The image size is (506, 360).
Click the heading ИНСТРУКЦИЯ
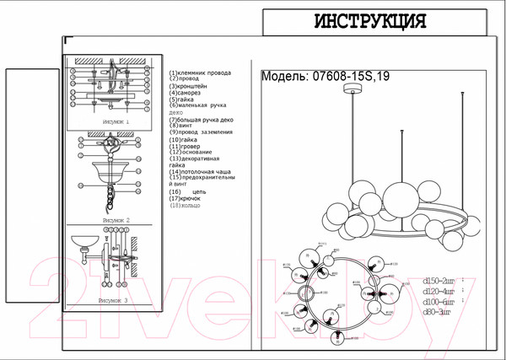(x=369, y=21)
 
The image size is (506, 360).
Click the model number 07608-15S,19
(x=348, y=76)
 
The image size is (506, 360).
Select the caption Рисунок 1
(x=115, y=121)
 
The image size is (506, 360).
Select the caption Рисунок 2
(x=115, y=218)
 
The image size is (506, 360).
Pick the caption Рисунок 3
(x=113, y=299)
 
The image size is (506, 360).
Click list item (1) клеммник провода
(x=200, y=73)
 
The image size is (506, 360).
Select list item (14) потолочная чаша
(x=199, y=172)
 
